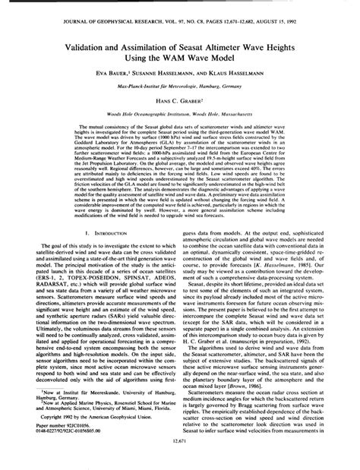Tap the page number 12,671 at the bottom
[x=180, y=460]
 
